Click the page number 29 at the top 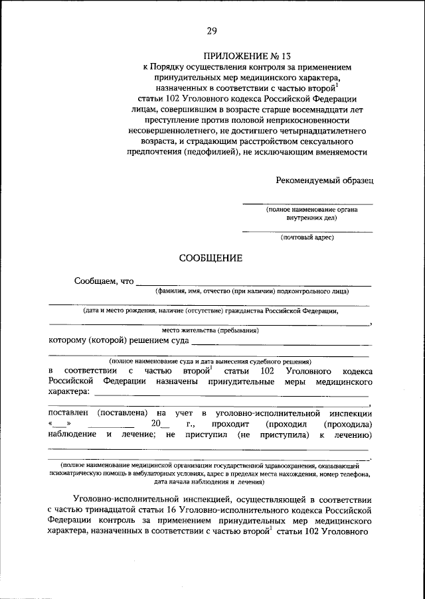tap(212, 30)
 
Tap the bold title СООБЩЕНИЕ tap(211, 258)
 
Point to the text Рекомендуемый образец tap(325, 179)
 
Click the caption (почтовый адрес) tap(307, 237)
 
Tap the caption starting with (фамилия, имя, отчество tap(252, 291)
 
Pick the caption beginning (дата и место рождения tap(211, 310)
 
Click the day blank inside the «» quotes tap(59, 425)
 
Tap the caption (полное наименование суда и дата tap(211, 362)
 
